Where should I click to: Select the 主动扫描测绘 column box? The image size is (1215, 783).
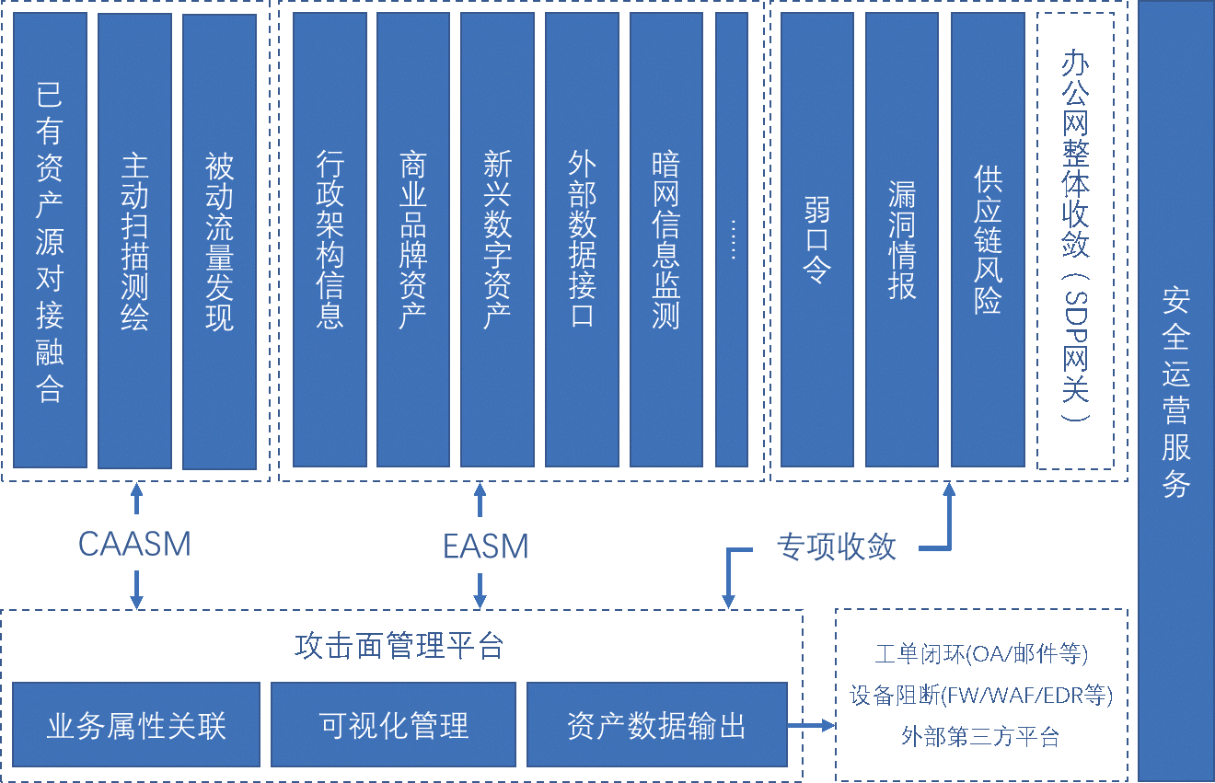tap(135, 241)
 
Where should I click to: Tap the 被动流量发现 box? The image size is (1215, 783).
tap(219, 241)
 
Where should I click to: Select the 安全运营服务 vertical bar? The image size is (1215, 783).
tap(1176, 391)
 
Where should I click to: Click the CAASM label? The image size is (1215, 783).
tap(135, 545)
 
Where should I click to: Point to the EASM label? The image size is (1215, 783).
tap(485, 547)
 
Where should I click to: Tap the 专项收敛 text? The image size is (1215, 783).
tap(836, 547)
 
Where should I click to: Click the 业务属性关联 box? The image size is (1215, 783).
tap(136, 725)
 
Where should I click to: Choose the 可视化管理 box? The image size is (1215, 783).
tap(393, 725)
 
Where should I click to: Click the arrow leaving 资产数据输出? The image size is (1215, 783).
tap(812, 725)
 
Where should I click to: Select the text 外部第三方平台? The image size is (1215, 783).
tap(980, 737)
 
